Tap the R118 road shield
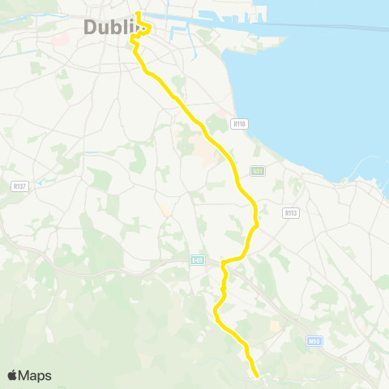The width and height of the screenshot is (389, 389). (238, 124)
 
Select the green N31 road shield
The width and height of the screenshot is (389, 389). (258, 171)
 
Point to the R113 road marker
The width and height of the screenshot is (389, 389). (292, 213)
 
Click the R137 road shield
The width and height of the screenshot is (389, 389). (19, 186)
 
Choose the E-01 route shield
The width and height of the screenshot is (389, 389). (197, 260)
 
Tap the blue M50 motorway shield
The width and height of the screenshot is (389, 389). (315, 341)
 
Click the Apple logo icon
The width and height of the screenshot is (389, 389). (12, 375)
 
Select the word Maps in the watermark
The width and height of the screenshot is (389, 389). (35, 375)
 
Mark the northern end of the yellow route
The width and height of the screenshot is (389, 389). (139, 13)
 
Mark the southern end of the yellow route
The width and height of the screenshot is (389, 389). (257, 375)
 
